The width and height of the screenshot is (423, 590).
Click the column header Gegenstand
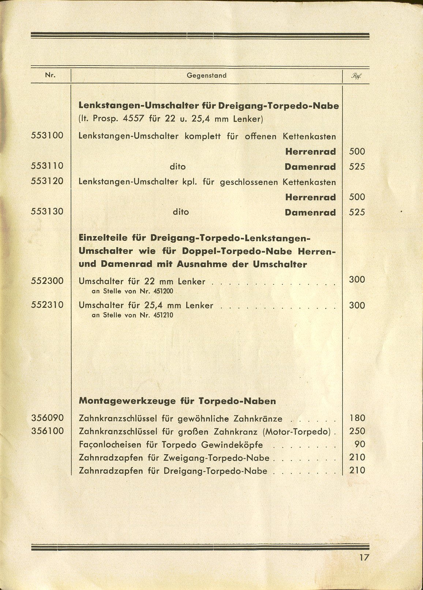click(206, 76)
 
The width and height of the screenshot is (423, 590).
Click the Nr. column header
click(50, 75)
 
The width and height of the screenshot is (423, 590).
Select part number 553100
click(47, 135)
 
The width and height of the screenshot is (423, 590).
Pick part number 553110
click(47, 166)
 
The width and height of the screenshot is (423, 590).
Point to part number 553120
click(47, 181)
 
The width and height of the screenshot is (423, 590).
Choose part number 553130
click(47, 212)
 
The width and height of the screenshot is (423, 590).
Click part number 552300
click(47, 281)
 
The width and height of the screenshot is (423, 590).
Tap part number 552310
click(47, 305)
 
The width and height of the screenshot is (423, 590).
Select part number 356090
click(47, 418)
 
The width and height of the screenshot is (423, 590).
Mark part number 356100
click(47, 431)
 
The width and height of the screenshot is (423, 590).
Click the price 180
click(357, 418)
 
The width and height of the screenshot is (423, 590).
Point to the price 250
click(357, 431)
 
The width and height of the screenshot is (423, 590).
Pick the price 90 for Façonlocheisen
click(360, 444)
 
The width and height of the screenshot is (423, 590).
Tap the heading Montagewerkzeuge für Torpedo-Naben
click(177, 401)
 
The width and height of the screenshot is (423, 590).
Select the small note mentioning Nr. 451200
click(132, 291)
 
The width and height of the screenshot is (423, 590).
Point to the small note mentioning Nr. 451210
click(132, 315)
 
